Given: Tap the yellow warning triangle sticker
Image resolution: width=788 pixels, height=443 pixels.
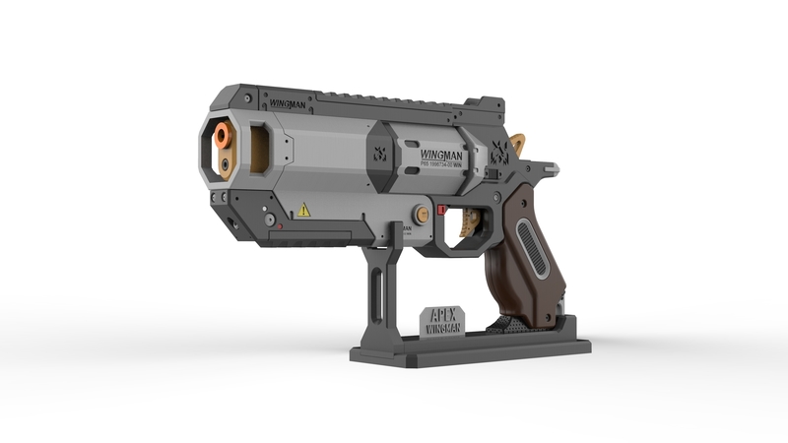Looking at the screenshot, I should [304, 210].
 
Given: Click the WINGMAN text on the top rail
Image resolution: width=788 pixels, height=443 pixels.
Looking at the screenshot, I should [287, 102].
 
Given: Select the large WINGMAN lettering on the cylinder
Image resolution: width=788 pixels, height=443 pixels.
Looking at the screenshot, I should [440, 155].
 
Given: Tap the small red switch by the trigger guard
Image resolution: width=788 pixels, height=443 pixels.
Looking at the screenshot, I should [442, 210].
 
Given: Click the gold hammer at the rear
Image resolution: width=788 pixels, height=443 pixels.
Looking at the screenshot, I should [518, 145].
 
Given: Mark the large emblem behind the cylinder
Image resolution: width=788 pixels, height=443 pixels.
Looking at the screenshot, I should [500, 151].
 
